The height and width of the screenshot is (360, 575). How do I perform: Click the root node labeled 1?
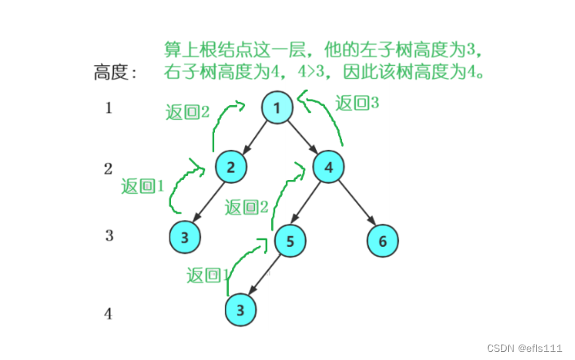coord(278,108)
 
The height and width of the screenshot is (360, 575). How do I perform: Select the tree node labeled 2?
coord(231,168)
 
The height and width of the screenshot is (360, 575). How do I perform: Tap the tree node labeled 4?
coord(329,168)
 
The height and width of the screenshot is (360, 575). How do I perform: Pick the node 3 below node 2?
coord(185,238)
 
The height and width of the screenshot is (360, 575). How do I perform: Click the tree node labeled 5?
coord(290,239)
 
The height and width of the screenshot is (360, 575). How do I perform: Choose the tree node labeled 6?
coord(383,239)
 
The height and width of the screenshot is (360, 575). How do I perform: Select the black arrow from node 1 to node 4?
coord(303,138)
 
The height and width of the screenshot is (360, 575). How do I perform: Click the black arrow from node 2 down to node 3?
coord(208,203)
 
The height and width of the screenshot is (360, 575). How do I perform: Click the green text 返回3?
coord(357,103)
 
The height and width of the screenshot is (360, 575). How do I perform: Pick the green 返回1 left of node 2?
coord(143,187)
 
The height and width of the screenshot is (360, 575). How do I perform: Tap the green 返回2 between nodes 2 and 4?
coord(246,207)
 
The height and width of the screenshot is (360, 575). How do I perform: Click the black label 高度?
coord(115,73)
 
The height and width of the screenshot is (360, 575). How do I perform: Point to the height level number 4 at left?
coord(108,314)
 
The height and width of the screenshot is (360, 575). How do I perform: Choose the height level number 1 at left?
coord(108,108)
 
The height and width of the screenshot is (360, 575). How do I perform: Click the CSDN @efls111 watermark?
coord(525,347)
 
